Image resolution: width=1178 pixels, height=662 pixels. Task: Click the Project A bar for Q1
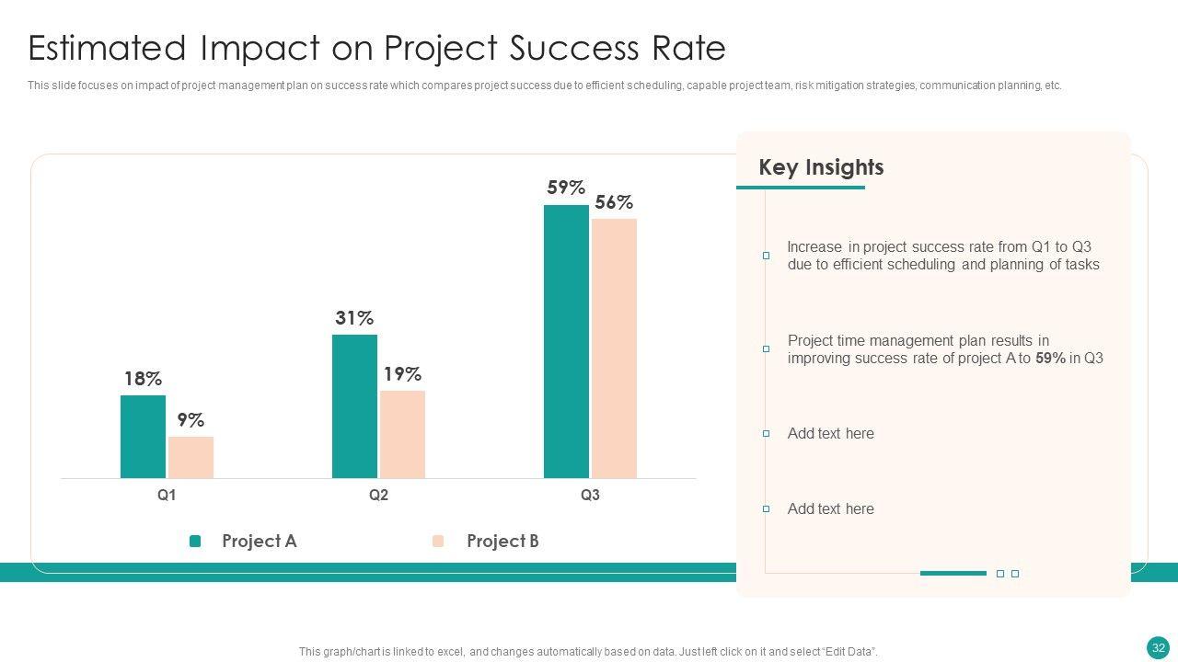click(x=143, y=437)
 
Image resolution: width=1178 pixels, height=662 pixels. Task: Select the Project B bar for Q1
click(x=191, y=457)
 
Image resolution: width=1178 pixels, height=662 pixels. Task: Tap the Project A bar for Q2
click(x=354, y=406)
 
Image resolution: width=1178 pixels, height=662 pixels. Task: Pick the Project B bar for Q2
click(x=402, y=434)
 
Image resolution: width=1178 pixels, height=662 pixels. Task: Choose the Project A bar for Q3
click(x=566, y=341)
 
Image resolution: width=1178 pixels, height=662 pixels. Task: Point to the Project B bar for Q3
click(x=614, y=348)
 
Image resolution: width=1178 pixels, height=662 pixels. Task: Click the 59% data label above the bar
click(x=566, y=188)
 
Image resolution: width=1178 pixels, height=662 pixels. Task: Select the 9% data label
click(x=191, y=420)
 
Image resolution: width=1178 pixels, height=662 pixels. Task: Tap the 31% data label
click(x=354, y=318)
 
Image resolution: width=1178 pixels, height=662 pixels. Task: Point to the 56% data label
click(x=614, y=202)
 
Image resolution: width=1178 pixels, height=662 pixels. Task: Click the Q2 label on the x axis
click(x=378, y=496)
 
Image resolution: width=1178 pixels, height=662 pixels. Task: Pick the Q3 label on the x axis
click(x=590, y=496)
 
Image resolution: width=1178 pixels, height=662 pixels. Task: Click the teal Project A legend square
click(x=195, y=542)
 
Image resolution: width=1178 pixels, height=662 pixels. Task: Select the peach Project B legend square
click(x=438, y=542)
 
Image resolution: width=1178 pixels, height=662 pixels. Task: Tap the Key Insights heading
click(x=821, y=167)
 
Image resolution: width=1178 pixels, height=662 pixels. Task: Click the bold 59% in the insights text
click(x=1050, y=359)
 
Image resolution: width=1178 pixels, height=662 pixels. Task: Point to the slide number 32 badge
click(x=1159, y=647)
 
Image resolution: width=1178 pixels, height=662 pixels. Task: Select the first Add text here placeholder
click(x=830, y=434)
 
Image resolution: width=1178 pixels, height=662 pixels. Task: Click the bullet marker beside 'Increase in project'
click(x=766, y=256)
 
